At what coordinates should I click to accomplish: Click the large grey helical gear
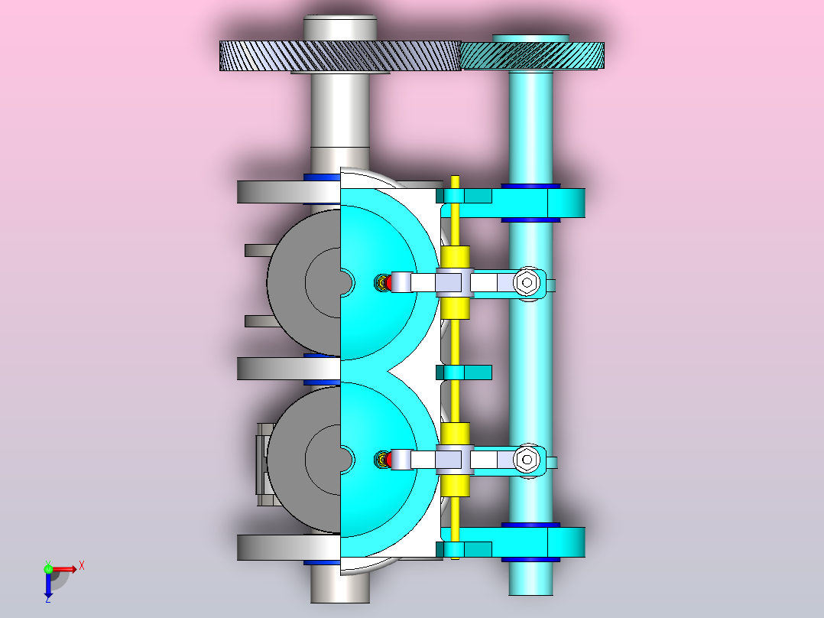(340, 56)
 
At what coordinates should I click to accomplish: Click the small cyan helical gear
(532, 55)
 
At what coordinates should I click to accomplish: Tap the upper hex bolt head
(527, 282)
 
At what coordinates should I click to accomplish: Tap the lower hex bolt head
(527, 460)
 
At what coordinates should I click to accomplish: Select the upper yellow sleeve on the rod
(455, 282)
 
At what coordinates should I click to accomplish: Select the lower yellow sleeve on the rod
(455, 459)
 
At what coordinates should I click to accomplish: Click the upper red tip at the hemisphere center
(388, 282)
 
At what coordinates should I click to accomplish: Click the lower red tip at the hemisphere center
(388, 460)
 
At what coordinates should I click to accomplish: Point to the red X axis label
(82, 566)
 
